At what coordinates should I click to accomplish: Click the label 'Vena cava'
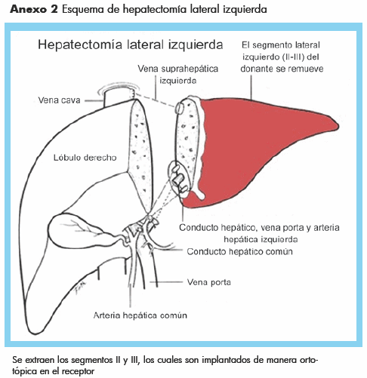coord(59,100)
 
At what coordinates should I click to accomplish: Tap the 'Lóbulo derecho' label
coord(85,158)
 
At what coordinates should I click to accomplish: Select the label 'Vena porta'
coord(209,282)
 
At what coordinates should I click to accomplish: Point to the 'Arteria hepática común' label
coord(140,315)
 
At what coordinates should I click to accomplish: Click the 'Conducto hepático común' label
coord(239,251)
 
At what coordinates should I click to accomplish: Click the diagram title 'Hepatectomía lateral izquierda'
coord(131,45)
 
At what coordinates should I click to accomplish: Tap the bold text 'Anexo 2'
coord(34,9)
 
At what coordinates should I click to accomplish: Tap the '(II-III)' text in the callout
coord(294,57)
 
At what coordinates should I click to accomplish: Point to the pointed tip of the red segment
coord(338,125)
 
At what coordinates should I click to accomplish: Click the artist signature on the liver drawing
coord(81,287)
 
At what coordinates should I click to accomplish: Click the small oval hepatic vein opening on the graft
coord(179,107)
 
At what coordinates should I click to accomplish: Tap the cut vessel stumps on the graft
coord(179,180)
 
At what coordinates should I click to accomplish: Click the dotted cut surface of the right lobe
coord(140,156)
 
